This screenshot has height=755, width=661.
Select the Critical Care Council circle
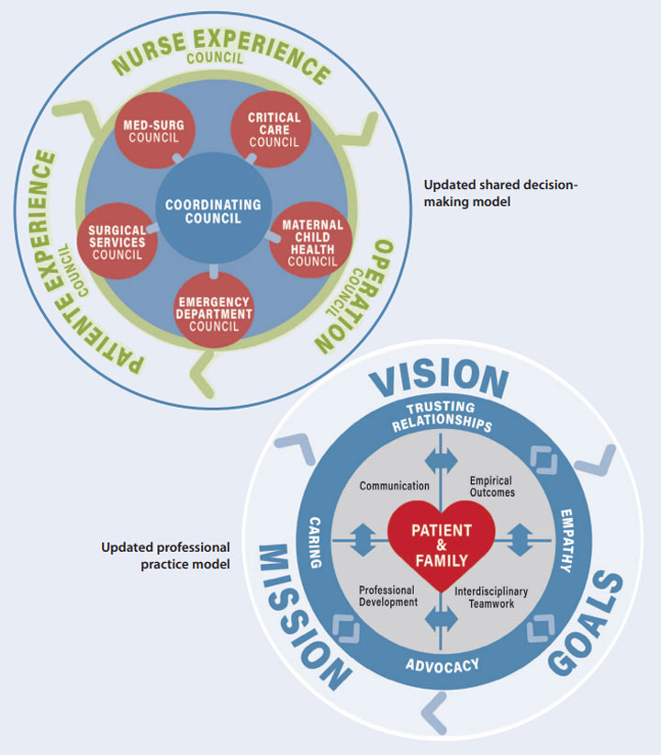coord(274,130)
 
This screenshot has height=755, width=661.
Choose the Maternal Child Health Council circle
coord(312,242)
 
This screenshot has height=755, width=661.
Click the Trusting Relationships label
coord(443,416)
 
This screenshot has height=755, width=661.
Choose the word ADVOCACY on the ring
coord(442,664)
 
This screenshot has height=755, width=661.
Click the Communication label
coord(395,485)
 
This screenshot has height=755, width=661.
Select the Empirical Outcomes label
coord(491,486)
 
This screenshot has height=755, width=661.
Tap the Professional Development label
coord(387,596)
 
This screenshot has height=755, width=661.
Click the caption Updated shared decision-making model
coord(500,193)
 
